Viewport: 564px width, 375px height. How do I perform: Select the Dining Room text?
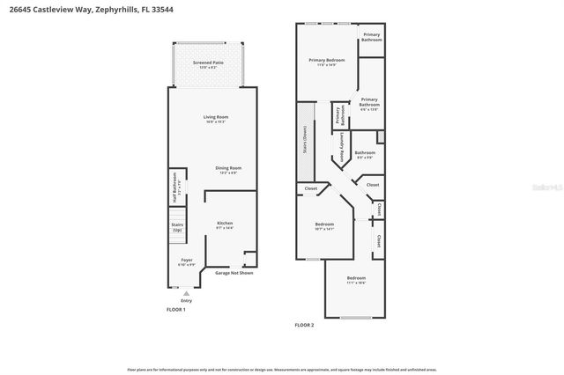point(229,168)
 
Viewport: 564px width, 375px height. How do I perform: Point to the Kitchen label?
point(225,224)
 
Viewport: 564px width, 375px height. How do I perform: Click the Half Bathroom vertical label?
point(175,186)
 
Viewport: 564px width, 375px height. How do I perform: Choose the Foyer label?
point(186,261)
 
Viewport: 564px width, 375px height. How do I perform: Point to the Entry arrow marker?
point(186,293)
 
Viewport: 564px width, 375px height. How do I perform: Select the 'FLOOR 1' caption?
point(176,310)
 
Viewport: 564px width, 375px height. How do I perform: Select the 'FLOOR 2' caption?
point(304,325)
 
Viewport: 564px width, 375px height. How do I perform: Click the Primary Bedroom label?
point(326,60)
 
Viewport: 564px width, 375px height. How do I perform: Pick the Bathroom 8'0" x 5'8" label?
point(365,154)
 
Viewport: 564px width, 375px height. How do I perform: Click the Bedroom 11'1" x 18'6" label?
point(355,280)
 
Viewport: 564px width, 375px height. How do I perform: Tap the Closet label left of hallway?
point(310,188)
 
